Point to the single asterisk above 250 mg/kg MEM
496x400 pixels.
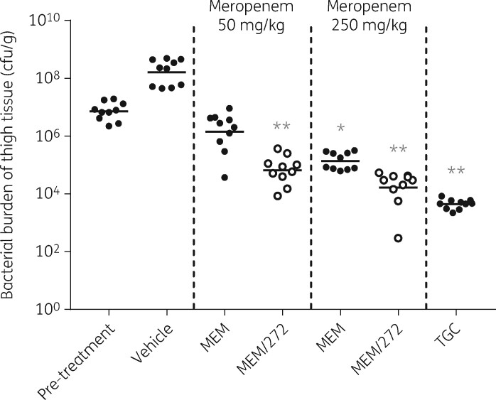click(x=340, y=129)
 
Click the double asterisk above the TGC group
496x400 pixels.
click(x=455, y=172)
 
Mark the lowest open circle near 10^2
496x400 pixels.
click(x=399, y=238)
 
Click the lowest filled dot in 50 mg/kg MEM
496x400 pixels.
click(x=225, y=177)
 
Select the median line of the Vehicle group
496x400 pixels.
click(x=166, y=72)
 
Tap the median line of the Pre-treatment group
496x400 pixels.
click(x=109, y=112)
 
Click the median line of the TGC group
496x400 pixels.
click(x=455, y=205)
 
